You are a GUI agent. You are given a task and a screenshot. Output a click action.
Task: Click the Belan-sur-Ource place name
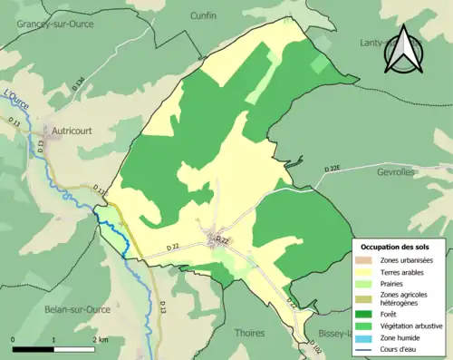(77, 309)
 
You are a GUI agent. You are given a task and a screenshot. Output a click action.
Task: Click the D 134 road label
(80, 84)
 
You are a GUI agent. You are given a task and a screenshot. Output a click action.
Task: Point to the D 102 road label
(314, 346)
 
